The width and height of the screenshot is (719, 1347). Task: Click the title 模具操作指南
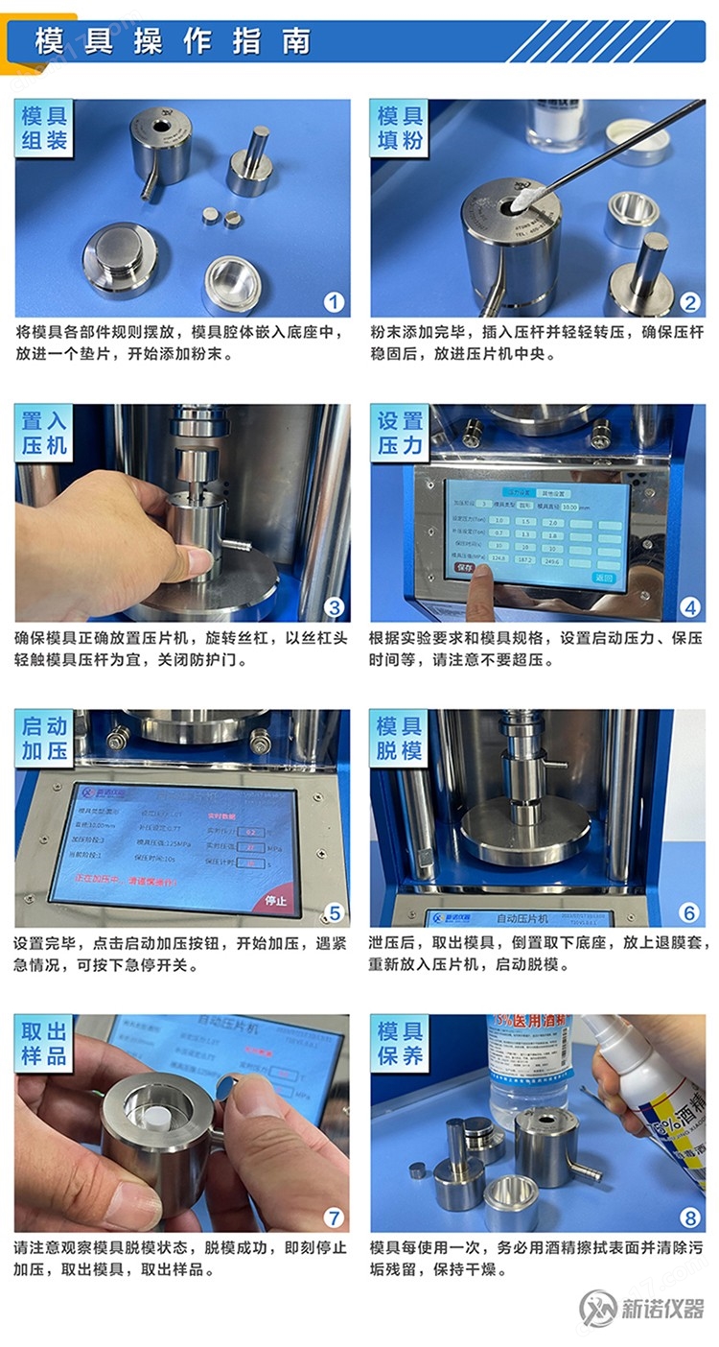pos(173,41)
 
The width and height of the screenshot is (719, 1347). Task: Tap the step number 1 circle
pos(333,302)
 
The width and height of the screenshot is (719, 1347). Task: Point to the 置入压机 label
pos(45,434)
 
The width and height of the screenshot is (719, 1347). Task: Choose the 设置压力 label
pos(400,434)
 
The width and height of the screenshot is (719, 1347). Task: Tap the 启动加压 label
pos(45,739)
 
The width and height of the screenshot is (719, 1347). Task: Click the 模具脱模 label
pos(400,739)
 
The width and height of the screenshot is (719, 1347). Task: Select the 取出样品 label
pos(45,1044)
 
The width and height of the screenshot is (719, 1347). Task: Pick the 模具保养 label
pos(400,1044)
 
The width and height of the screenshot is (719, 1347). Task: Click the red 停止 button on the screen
pos(276,901)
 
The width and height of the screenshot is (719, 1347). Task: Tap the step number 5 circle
pos(333,912)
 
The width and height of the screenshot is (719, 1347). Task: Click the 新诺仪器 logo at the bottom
pos(641,1308)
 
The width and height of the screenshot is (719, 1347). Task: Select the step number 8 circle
pos(688,1217)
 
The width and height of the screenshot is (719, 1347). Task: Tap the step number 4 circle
pos(688,606)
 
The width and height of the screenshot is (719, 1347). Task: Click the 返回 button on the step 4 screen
pos(603,579)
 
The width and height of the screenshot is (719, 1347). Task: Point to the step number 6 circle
pos(688,912)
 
